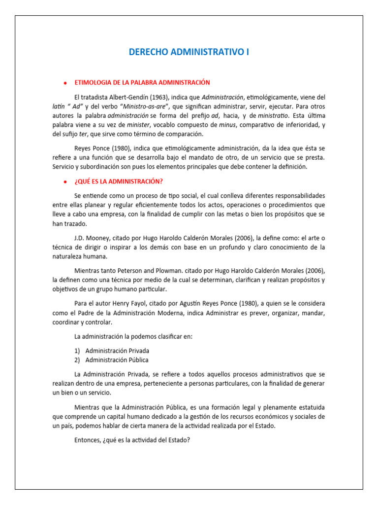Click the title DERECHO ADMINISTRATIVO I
[189, 52]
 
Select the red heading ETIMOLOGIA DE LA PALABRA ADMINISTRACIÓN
[142, 82]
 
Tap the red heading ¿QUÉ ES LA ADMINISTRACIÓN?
[118, 181]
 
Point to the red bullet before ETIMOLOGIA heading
[65, 83]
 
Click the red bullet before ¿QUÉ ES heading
[65, 181]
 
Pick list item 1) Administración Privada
[117, 351]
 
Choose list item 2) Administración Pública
[117, 360]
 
